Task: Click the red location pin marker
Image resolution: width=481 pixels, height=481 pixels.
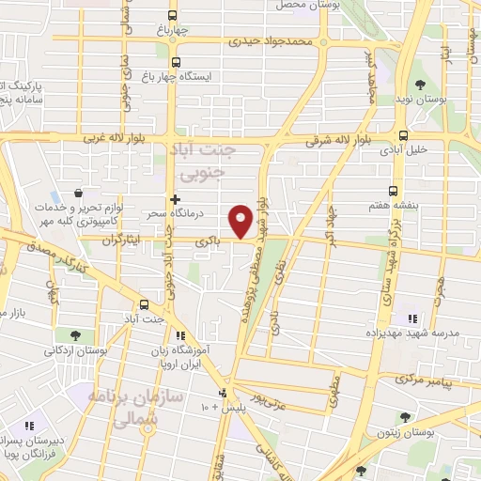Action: pos(241,221)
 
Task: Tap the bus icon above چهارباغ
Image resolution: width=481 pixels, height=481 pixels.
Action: pos(171,15)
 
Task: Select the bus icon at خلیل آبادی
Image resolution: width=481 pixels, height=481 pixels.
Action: pos(403,134)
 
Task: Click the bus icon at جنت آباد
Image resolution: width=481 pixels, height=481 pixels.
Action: pos(144,304)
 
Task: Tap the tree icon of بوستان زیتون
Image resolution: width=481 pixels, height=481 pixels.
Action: pos(405,417)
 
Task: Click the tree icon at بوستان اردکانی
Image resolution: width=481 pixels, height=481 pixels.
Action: pos(74,334)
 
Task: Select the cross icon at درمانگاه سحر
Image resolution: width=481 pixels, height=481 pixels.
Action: pos(175,199)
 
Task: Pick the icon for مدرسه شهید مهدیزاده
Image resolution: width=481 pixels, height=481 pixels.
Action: pos(411,318)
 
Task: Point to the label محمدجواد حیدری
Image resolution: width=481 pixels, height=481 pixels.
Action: pos(273,42)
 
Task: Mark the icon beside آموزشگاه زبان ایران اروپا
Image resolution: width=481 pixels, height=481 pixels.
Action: pos(181,334)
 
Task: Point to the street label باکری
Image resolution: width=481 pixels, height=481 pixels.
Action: pos(207,241)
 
